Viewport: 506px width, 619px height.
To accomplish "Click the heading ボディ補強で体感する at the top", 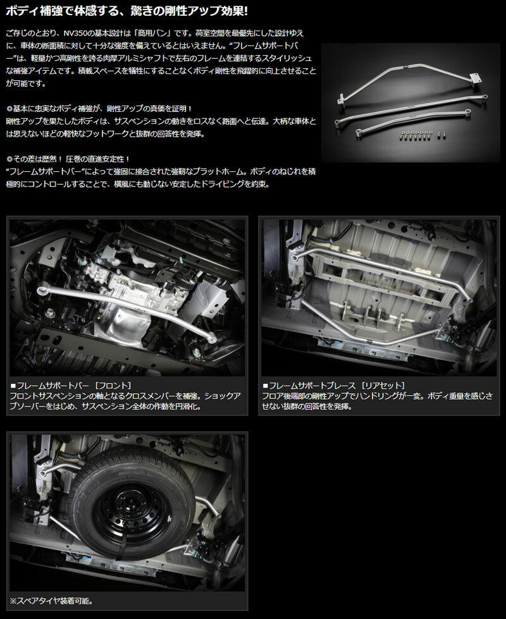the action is coord(65,11).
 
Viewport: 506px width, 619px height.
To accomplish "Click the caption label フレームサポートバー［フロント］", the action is coord(71,385).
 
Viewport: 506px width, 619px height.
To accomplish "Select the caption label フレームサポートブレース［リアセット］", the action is coord(334,385).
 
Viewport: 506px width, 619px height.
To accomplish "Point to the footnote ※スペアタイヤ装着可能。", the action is coord(51,601).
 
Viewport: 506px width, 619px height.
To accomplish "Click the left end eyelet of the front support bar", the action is coord(42,291).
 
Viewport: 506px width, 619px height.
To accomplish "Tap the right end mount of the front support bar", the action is coord(213,338).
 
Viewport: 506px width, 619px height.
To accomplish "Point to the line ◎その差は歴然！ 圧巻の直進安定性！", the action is coord(68,159).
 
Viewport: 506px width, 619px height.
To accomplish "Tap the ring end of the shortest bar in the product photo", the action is coord(359,133).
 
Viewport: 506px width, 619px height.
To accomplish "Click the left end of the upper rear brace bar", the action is coord(295,257).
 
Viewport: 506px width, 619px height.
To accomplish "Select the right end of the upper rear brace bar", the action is coord(469,300).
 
